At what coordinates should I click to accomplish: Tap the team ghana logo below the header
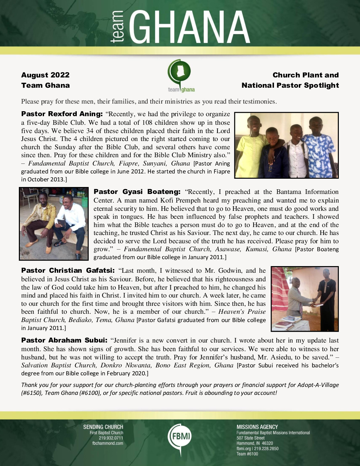tap(181, 76)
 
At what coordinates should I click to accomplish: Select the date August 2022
tap(45, 75)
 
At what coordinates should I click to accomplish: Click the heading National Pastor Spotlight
tap(290, 85)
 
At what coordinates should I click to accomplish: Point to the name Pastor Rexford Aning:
tap(62, 114)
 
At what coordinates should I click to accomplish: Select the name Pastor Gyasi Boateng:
tap(137, 192)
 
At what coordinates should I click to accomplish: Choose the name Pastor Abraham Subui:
tap(64, 340)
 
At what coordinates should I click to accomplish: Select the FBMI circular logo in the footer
tap(180, 437)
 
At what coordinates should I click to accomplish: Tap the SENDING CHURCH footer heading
tap(103, 427)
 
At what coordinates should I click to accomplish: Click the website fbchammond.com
tap(108, 443)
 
